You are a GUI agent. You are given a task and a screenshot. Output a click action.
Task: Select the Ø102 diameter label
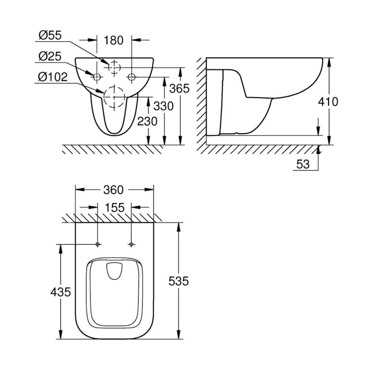point(53,77)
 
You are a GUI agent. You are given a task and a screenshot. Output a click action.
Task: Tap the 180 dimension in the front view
point(114,40)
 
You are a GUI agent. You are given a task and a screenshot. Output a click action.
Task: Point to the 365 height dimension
point(179,88)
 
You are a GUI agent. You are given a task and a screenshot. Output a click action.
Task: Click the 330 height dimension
point(164,106)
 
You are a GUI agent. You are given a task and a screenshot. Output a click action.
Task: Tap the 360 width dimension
point(114,189)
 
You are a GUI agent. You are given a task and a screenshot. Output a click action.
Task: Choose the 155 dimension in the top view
point(114,208)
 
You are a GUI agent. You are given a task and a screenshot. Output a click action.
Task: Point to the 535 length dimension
point(178,281)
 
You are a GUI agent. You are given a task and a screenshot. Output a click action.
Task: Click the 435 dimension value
point(61,292)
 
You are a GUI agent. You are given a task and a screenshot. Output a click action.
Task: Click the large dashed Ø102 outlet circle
point(113,96)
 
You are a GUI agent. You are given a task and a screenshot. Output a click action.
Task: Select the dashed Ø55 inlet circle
point(114,67)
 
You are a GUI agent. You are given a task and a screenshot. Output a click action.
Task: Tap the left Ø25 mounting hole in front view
point(97,77)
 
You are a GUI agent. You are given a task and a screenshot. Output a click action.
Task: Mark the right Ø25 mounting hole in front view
point(131,77)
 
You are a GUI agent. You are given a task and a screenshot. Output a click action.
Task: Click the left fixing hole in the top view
point(98,244)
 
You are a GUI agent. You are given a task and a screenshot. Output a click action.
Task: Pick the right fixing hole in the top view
point(131,244)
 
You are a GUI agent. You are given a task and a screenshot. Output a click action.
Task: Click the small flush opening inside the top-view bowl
point(115,271)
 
